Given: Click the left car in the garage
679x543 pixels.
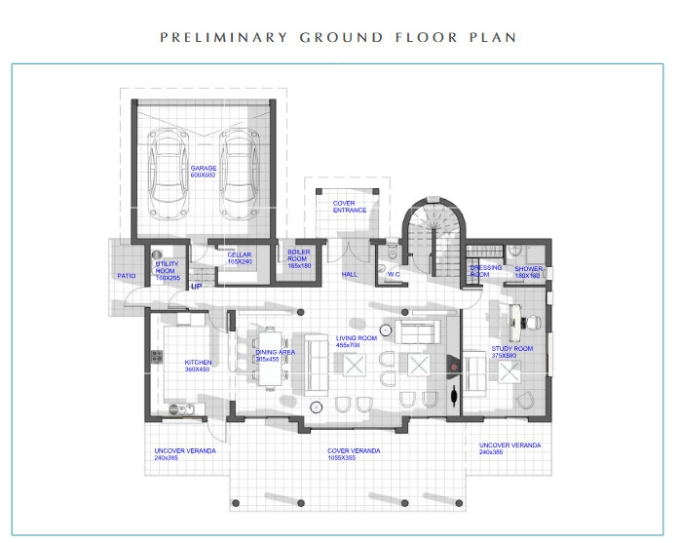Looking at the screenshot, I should coord(173,175).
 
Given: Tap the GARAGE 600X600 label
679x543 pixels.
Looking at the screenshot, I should coord(204,171).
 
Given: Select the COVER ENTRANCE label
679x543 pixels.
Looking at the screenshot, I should coord(350,206).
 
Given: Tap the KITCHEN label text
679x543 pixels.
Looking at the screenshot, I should coord(198,367).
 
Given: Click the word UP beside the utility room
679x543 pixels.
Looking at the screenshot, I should coord(196,287).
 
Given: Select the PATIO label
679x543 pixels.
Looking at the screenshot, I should coord(127,275).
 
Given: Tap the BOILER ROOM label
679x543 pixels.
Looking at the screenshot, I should coord(298,258).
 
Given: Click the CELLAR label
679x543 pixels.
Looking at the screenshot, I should coord(239,258).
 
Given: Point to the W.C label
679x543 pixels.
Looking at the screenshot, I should coord(395,274).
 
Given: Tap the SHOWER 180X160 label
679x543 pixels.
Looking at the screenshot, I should coord(529,272).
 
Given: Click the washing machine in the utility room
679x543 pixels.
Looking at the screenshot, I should coord(159,255).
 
